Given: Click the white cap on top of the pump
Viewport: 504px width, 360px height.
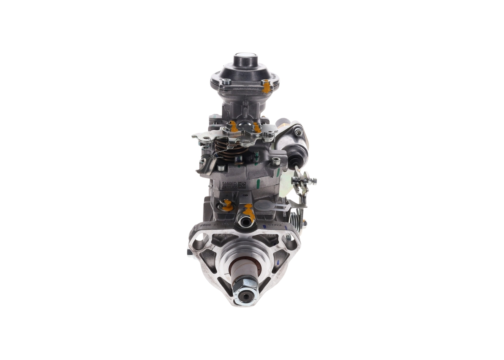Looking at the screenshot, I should [245, 56].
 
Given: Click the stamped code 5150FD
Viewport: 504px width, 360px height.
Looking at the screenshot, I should [229, 184].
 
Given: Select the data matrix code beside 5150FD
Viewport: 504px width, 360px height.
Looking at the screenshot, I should [242, 185].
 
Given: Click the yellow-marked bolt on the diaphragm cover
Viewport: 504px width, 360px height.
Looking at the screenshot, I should [267, 85].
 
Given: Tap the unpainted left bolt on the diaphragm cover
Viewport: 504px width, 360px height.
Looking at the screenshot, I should [226, 82].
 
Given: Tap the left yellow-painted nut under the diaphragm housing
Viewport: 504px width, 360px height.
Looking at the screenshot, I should [233, 127].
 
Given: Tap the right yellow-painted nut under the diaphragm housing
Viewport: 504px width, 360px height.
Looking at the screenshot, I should [257, 128].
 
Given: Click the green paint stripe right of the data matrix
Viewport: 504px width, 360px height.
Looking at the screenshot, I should [258, 184].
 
